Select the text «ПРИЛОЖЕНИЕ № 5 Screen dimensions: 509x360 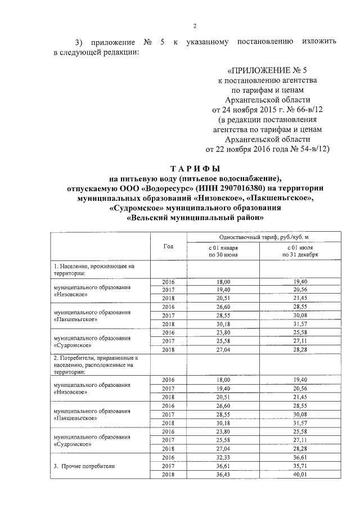(x=267, y=71)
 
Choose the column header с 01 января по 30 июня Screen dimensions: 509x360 (x=223, y=251)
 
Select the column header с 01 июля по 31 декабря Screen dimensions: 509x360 (x=301, y=251)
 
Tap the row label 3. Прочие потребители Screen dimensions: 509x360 (x=84, y=466)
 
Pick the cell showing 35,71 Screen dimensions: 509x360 (x=301, y=466)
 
